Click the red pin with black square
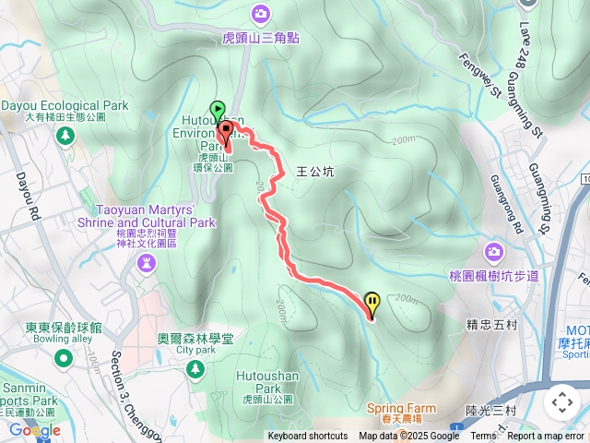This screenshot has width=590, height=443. [226, 132]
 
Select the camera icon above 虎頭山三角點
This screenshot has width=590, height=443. [261, 14]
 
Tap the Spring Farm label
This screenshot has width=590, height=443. [401, 407]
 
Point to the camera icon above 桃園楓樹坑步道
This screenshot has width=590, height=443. [496, 251]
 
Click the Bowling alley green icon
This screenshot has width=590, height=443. [63, 357]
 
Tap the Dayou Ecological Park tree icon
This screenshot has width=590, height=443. [65, 136]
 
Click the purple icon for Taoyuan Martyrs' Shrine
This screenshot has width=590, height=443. [146, 264]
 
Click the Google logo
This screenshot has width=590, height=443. [34, 429]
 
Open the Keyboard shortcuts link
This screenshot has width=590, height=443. [308, 437]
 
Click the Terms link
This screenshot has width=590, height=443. [483, 437]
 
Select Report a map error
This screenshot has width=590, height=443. [547, 437]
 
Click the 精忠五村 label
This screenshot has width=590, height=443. [491, 325]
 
